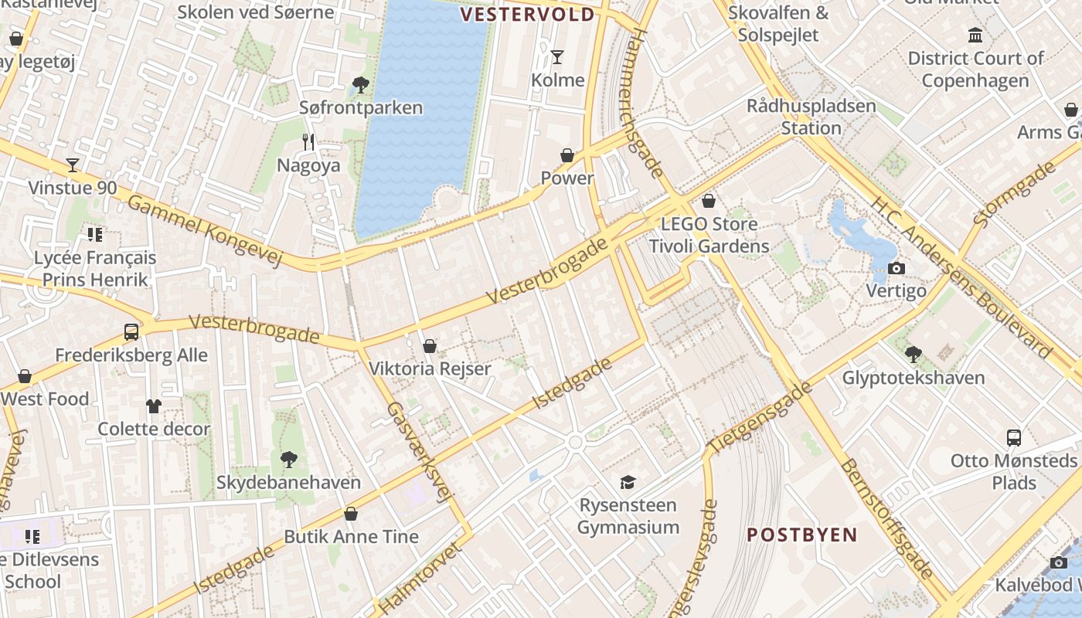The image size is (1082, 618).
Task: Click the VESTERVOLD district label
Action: [x=528, y=15]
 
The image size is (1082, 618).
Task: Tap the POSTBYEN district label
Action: [x=802, y=535]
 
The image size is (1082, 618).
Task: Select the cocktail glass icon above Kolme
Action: [x=556, y=56]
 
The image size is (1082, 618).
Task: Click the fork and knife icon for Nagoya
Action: [x=308, y=141]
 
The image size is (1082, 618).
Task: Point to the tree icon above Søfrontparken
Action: [x=360, y=84]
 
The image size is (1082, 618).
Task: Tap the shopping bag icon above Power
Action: [x=567, y=155]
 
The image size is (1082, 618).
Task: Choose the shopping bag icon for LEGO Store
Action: [x=709, y=201]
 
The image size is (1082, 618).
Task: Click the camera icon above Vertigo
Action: [x=896, y=268]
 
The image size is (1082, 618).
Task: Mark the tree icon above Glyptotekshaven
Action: [x=913, y=355]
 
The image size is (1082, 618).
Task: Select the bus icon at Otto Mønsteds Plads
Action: [x=1014, y=437]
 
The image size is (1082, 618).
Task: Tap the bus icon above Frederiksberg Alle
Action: [x=131, y=332]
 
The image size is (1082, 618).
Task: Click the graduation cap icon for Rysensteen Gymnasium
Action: [x=628, y=482]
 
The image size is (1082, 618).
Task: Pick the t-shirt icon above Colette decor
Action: [x=153, y=406]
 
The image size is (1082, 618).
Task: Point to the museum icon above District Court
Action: [x=975, y=35]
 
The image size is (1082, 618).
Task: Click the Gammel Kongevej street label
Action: [x=205, y=230]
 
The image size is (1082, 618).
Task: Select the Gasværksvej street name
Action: [x=418, y=452]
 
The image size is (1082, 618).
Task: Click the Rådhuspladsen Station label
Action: [x=811, y=117]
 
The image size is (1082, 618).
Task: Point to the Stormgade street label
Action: [x=1013, y=194]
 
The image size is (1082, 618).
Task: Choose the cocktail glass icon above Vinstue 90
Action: [x=73, y=165]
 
